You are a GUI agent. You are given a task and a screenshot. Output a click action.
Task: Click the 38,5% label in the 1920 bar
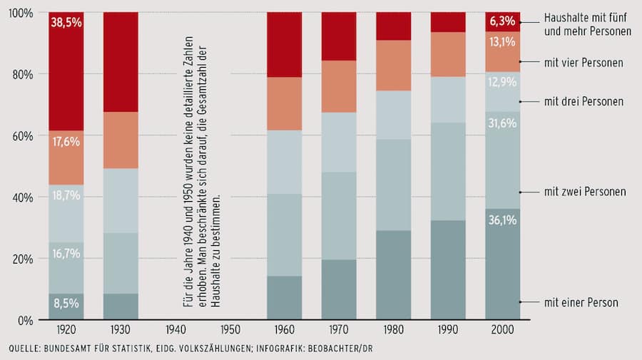[x=66, y=22]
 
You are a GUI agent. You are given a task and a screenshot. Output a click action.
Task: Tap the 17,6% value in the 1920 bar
[x=66, y=142]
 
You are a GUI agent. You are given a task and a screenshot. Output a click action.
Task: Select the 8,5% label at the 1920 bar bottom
[x=66, y=304]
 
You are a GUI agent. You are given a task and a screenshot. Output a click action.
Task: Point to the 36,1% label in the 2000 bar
[x=502, y=221]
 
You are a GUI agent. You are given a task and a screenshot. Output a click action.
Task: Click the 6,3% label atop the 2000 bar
[x=502, y=21]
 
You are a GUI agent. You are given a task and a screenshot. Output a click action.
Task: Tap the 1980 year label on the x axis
[x=393, y=331]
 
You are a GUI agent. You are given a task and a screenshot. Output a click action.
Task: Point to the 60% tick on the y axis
[x=22, y=135]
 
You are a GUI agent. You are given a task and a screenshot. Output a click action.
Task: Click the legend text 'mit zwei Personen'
[x=584, y=191]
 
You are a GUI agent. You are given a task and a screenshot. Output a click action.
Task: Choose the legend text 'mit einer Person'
[x=581, y=302]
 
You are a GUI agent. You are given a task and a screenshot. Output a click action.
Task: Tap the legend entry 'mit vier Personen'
[x=583, y=63]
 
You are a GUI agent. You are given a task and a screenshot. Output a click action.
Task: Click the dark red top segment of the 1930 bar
[x=121, y=62]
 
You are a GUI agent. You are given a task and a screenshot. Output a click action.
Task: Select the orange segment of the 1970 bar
[x=339, y=86]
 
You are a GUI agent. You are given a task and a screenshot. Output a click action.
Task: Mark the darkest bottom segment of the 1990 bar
[x=448, y=269]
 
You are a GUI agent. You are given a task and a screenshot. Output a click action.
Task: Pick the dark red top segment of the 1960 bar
[x=284, y=44]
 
